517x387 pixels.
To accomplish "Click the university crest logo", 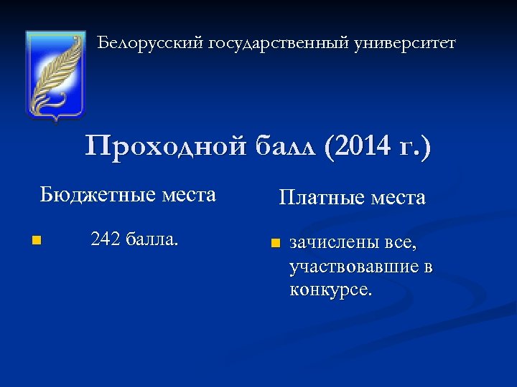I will click(x=55, y=75).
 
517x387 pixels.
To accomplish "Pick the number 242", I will click(x=106, y=238).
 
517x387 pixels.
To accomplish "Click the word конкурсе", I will click(x=331, y=290).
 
